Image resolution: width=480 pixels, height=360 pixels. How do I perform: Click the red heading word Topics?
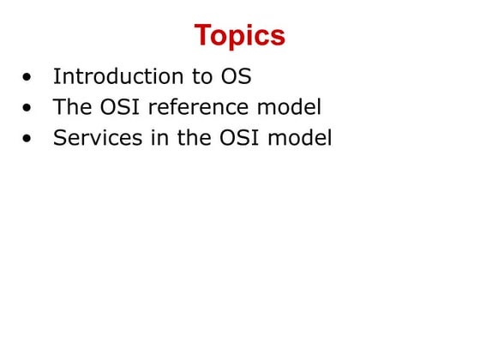[x=239, y=37]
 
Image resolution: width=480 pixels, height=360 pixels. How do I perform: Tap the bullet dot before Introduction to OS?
[x=31, y=77]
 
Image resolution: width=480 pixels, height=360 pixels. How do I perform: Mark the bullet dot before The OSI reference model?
[x=31, y=108]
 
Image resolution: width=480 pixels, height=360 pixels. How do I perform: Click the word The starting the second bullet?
[x=72, y=107]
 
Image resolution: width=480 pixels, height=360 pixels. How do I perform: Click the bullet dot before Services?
[x=31, y=139]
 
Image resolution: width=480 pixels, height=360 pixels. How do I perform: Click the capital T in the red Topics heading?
[x=202, y=36]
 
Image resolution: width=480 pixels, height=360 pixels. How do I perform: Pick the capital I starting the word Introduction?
[x=57, y=76]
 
